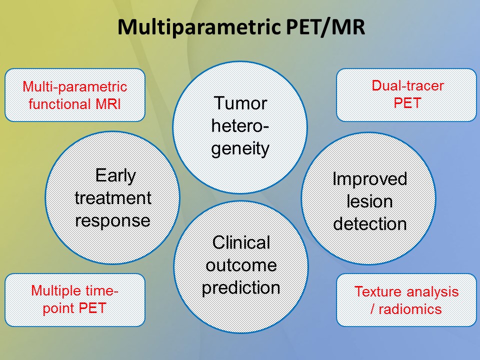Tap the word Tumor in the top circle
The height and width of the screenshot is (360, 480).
240,103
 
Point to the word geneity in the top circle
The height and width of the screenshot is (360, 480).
240,148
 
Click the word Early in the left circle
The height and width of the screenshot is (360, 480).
115,175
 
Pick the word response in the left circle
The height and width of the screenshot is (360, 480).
112,220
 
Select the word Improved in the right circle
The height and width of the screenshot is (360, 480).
369,178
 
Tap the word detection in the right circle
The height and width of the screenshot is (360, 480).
369,223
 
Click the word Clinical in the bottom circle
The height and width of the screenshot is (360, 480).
241,243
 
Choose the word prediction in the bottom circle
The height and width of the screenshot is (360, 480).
241,288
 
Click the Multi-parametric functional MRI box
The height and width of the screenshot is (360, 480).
75,95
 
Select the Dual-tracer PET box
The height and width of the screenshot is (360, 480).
406,95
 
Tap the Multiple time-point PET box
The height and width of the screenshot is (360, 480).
75,299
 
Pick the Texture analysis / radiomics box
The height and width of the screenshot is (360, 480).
406,299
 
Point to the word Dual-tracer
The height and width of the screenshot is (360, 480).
407,86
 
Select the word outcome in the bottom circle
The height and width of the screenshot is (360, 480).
241,265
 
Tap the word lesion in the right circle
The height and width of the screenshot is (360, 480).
369,201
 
